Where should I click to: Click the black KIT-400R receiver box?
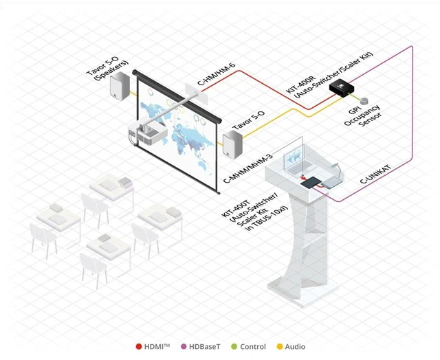pyautogui.click(x=342, y=88)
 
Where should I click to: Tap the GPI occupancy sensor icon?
pyautogui.click(x=364, y=101)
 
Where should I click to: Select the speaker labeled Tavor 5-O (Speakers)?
pyautogui.click(x=120, y=85)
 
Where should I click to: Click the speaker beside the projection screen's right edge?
pyautogui.click(x=232, y=144)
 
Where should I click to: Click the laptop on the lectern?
pyautogui.click(x=298, y=164)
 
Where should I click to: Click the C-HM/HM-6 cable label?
pyautogui.click(x=217, y=74)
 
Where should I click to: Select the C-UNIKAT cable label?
pyautogui.click(x=375, y=175)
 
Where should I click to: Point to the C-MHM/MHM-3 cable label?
pyautogui.click(x=247, y=168)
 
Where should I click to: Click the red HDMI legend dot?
pyautogui.click(x=139, y=346)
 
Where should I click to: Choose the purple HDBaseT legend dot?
pyautogui.click(x=184, y=346)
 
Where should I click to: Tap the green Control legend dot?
pyautogui.click(x=234, y=346)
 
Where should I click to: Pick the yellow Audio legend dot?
pyautogui.click(x=280, y=346)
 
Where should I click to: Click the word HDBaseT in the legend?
pyautogui.click(x=205, y=347)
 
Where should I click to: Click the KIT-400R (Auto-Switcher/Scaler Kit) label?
pyautogui.click(x=330, y=74)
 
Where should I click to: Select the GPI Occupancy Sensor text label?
pyautogui.click(x=362, y=116)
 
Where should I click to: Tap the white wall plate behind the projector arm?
pyautogui.click(x=197, y=93)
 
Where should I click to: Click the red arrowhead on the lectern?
pyautogui.click(x=303, y=179)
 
